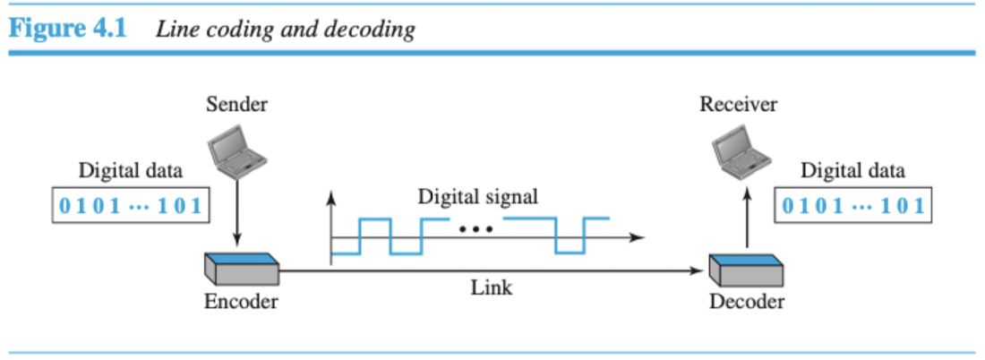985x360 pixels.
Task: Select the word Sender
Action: pyautogui.click(x=236, y=105)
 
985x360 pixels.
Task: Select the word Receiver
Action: pyautogui.click(x=739, y=105)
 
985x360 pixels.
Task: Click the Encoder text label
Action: pyautogui.click(x=241, y=301)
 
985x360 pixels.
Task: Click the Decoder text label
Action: pyautogui.click(x=747, y=301)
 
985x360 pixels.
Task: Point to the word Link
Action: pyautogui.click(x=492, y=287)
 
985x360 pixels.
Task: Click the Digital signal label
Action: pyautogui.click(x=478, y=196)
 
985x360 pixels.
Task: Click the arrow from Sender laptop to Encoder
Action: pyautogui.click(x=237, y=210)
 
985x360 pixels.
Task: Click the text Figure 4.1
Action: pyautogui.click(x=68, y=29)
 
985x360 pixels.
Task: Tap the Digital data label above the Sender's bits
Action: pyautogui.click(x=131, y=170)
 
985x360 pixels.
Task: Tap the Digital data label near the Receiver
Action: pyautogui.click(x=852, y=170)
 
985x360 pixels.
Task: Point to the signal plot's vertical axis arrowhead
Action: pyautogui.click(x=332, y=195)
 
